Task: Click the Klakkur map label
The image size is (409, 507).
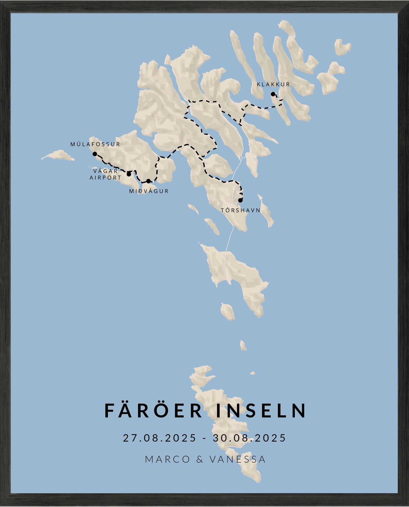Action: coord(273,84)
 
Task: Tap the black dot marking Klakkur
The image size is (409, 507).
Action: coord(273,94)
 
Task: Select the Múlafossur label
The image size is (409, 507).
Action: coord(95,144)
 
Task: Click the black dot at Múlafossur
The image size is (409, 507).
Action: coord(95,154)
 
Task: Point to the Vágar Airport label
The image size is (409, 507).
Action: coord(106,174)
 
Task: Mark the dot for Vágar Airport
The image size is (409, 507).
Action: coord(129,174)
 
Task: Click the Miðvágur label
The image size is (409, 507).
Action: coord(149,191)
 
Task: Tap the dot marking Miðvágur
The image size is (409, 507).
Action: coord(148,181)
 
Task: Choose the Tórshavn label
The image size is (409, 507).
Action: coord(241,210)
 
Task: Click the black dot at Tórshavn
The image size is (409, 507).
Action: coord(240,200)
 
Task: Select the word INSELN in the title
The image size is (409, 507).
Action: coord(261,411)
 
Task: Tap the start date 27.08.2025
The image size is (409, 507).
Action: coord(159,438)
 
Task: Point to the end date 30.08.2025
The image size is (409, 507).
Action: coord(249,438)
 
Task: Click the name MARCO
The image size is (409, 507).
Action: coord(167,459)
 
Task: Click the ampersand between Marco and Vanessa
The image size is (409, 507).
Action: coord(200,459)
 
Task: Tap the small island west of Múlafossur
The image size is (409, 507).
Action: coord(59,155)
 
